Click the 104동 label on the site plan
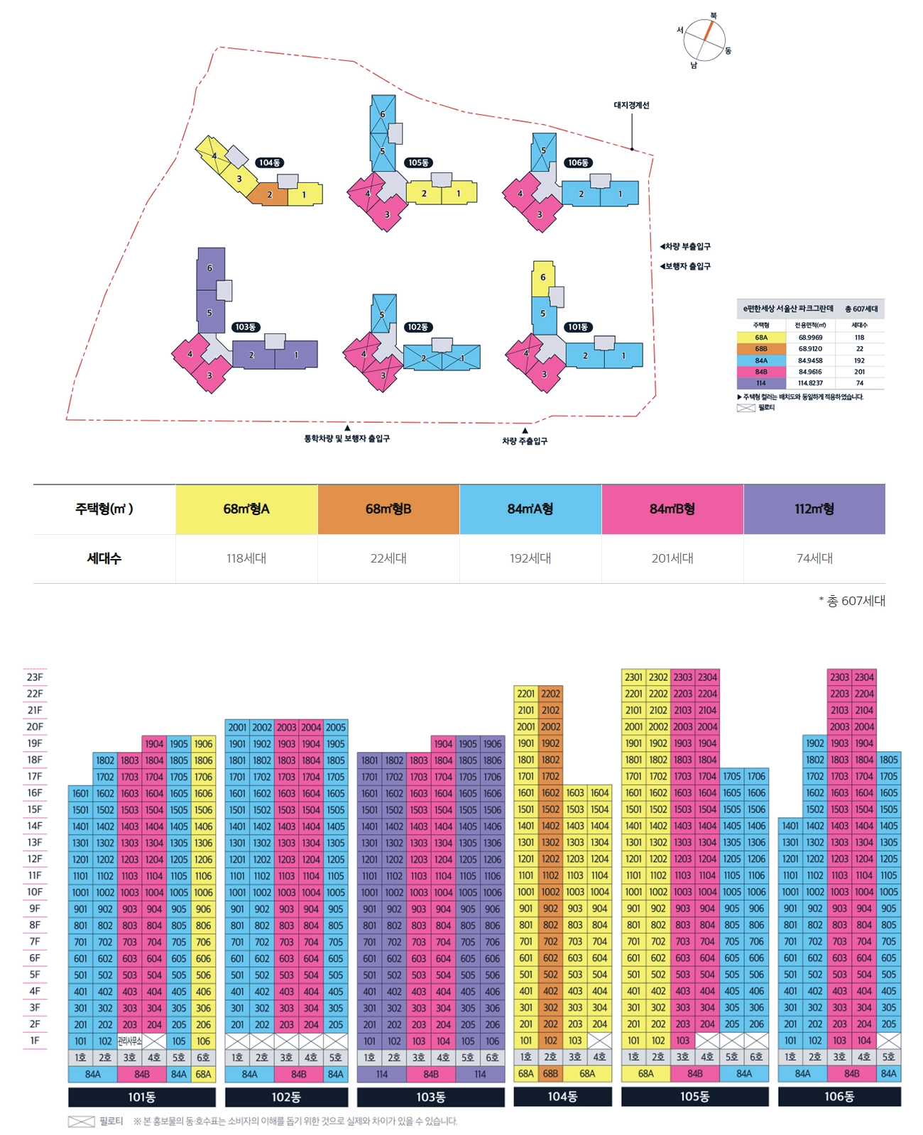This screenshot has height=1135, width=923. point(269,162)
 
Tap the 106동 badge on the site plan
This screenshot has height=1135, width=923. point(578,162)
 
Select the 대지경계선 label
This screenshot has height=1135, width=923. point(631,105)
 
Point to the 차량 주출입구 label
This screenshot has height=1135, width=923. point(525,441)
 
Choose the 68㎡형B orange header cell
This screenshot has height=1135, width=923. point(388,509)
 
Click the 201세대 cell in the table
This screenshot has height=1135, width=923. point(672,558)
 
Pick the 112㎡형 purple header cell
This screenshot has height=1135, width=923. point(814,509)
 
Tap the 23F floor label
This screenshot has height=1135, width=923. point(35,677)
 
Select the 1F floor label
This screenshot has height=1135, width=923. point(35,1041)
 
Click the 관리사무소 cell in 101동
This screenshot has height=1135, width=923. point(129,1041)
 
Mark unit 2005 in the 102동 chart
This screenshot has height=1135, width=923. point(336,727)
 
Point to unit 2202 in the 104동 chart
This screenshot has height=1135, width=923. point(551,694)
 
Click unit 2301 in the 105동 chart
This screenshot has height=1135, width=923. point(633,677)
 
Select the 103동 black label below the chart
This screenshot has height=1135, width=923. point(430,1097)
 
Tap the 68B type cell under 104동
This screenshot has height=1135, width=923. point(550,1074)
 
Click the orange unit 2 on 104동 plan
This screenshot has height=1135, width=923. point(270,194)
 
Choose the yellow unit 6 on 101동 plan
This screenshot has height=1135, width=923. point(543,277)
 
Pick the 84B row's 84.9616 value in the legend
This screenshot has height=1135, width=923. point(810,372)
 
